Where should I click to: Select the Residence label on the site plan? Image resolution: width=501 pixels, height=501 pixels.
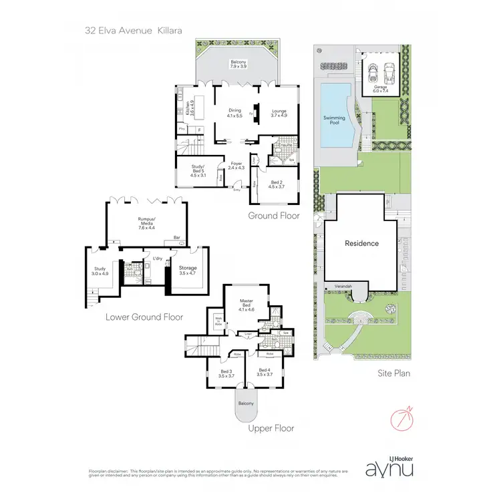click(361, 244)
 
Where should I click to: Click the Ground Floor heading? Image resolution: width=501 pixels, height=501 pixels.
click(274, 216)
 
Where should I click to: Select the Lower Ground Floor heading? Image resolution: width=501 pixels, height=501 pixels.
click(144, 317)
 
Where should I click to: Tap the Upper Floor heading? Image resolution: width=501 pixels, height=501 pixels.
click(271, 428)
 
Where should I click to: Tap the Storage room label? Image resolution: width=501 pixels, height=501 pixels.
click(187, 270)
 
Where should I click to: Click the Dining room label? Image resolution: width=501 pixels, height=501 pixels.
click(234, 114)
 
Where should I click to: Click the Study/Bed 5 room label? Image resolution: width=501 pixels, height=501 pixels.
click(190, 172)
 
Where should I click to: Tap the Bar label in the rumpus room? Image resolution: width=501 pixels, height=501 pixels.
click(177, 236)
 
